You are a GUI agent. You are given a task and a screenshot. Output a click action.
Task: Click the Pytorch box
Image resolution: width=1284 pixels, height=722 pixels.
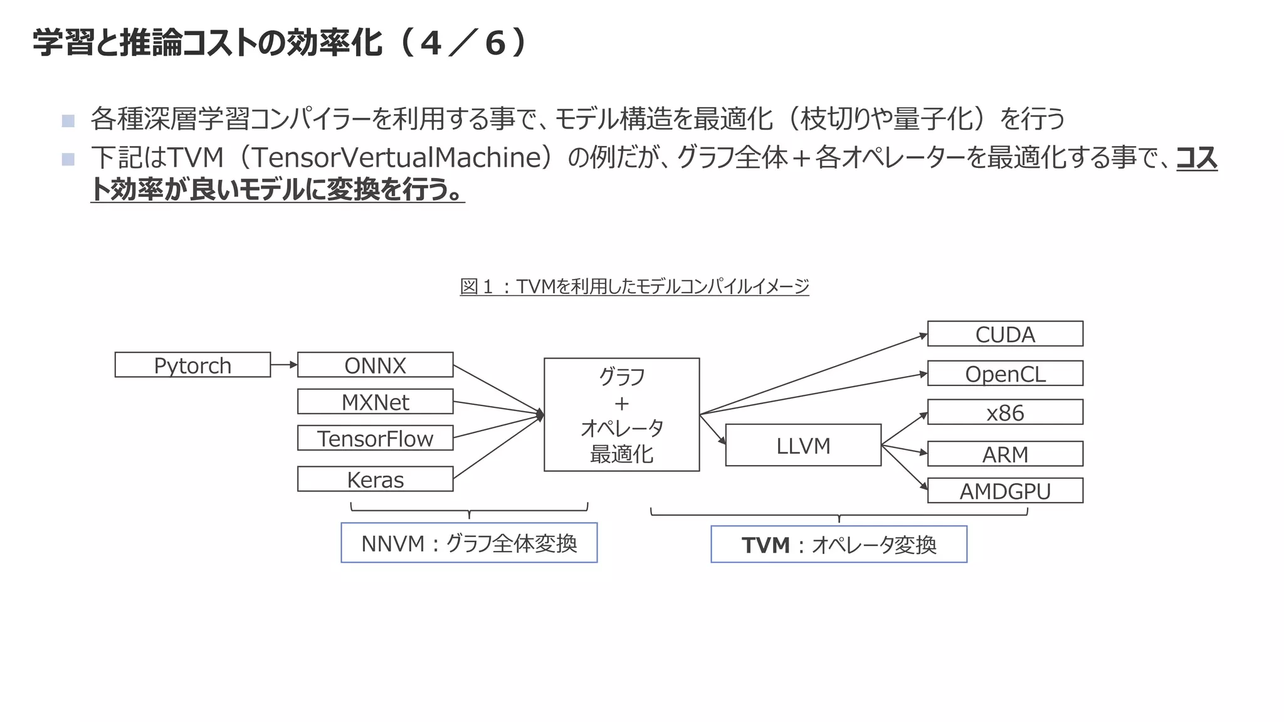192,365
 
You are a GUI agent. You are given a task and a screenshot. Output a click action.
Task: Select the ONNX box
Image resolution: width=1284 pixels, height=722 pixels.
375,365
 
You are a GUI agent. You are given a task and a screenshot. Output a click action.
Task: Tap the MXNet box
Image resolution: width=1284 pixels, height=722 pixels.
375,402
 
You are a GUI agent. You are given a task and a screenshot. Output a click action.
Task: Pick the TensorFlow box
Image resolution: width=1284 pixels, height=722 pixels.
375,438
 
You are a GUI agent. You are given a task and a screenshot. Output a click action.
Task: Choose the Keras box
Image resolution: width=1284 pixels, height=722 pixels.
375,479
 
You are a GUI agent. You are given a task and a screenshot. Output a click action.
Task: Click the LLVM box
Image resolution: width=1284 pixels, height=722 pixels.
803,445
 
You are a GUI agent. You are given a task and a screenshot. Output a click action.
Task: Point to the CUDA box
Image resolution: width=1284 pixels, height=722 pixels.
1005,334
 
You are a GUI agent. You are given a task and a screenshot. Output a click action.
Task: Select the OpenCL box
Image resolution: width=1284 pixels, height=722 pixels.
1005,374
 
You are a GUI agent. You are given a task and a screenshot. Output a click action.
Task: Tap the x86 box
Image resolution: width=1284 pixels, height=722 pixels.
1005,412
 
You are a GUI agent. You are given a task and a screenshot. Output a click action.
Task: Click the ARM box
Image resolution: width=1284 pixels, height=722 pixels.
1005,454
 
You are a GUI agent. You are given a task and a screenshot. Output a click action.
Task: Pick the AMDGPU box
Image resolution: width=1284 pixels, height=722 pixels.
1005,491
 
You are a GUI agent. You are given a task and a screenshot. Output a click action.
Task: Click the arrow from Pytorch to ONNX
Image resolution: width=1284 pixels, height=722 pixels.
284,364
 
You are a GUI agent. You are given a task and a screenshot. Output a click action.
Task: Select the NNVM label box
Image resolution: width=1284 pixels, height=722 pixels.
469,543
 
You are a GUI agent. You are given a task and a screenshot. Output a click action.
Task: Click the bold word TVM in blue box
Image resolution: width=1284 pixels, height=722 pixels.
766,545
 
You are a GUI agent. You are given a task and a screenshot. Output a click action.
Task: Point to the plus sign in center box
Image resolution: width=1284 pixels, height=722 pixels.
621,403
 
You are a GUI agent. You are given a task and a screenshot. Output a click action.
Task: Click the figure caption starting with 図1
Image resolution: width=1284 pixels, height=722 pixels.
634,286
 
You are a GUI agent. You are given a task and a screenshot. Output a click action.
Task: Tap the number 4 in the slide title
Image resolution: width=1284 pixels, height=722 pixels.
431,44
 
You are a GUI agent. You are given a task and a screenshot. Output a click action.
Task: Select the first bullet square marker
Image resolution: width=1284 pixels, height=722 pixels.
68,120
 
